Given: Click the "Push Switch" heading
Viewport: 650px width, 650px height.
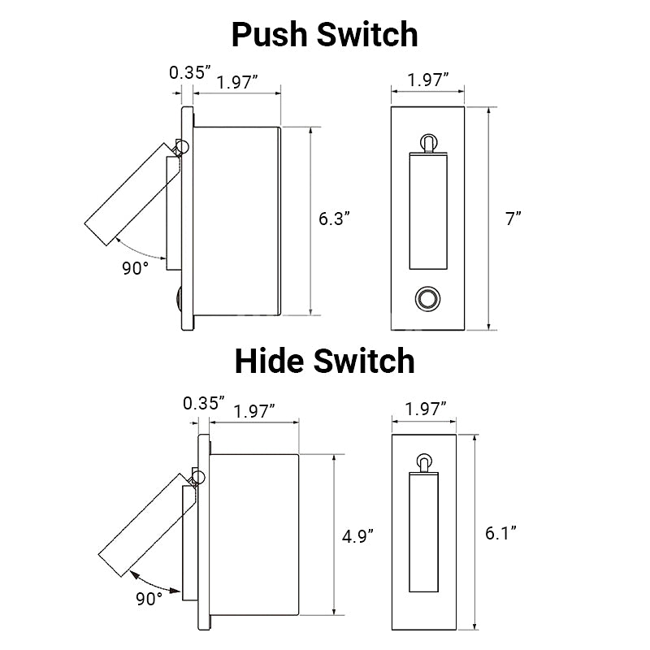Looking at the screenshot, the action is click(324, 35).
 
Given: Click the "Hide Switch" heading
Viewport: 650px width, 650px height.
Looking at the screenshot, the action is click(324, 361).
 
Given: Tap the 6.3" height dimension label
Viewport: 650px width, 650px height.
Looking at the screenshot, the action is click(334, 219).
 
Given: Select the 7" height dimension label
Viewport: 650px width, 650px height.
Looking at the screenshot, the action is click(513, 219).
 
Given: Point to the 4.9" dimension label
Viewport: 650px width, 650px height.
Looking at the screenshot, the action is click(357, 536).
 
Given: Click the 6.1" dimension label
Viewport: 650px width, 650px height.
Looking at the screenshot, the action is click(500, 533).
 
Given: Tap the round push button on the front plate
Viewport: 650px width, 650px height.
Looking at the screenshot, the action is click(428, 298).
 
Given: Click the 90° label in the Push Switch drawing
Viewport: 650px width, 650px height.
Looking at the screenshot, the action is click(135, 268).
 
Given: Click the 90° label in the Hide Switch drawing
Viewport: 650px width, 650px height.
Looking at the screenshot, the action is click(149, 599).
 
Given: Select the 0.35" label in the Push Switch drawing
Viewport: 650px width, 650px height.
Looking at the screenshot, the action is click(190, 72).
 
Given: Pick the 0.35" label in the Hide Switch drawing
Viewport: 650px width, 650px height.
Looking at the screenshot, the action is click(204, 403).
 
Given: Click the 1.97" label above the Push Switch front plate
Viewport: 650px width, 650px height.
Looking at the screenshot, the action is click(428, 80).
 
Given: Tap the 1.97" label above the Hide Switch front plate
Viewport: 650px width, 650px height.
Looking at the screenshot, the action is click(425, 409).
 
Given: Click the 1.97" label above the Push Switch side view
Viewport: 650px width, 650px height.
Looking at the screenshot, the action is click(237, 82).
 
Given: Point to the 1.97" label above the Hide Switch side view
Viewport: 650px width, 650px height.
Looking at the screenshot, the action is click(254, 412).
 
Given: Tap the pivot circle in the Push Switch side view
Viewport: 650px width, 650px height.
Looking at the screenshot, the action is click(182, 146).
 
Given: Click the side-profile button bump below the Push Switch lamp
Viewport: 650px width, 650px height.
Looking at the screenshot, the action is click(179, 298).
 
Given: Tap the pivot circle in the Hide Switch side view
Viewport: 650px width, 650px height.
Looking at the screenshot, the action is click(198, 477).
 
